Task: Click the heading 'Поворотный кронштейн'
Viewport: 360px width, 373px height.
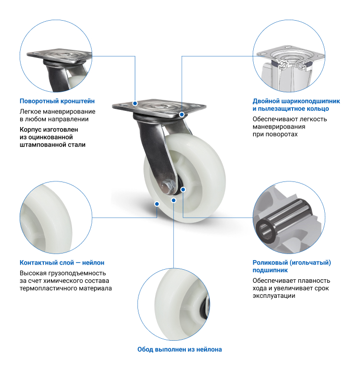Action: pyautogui.click(x=57, y=101)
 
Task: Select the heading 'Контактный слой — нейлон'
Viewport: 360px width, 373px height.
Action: pyautogui.click(x=62, y=263)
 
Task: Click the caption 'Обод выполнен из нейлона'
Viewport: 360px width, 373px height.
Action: pyautogui.click(x=179, y=349)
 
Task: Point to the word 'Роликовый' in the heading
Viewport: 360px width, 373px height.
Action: pyautogui.click(x=271, y=263)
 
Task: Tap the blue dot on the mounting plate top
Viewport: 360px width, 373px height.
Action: pyautogui.click(x=135, y=103)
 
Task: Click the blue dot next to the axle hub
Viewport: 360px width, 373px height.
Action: pyautogui.click(x=183, y=190)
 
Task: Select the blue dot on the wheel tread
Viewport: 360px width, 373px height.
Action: pyautogui.click(x=157, y=204)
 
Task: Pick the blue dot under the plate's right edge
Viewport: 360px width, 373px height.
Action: pyautogui.click(x=182, y=114)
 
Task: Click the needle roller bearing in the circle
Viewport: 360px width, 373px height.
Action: pyautogui.click(x=283, y=220)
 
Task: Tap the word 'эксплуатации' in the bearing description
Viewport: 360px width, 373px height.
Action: pyautogui.click(x=274, y=296)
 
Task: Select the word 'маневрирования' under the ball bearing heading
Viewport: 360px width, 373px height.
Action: pyautogui.click(x=279, y=127)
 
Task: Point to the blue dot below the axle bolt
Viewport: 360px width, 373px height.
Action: pyautogui.click(x=174, y=200)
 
